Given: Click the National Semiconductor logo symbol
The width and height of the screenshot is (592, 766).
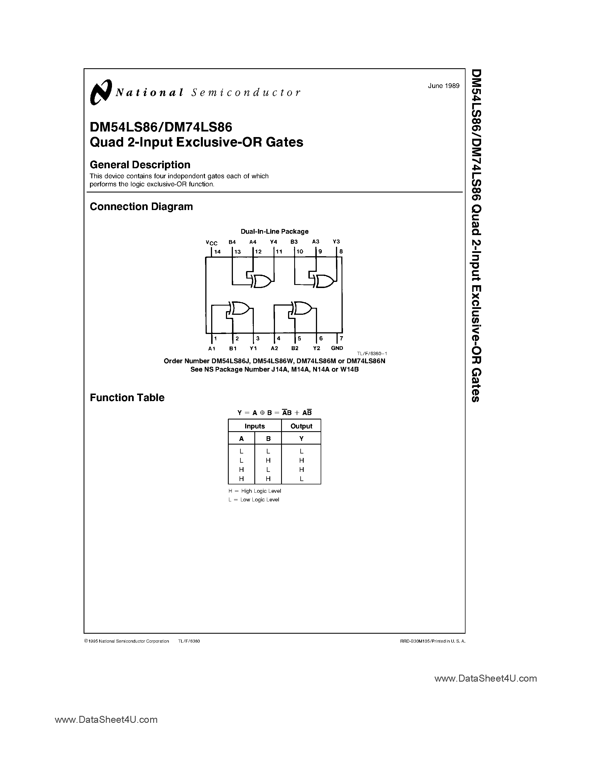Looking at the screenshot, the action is [101, 92].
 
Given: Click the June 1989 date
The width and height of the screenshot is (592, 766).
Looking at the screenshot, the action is [443, 86].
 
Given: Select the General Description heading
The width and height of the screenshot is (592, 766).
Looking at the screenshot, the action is [140, 165].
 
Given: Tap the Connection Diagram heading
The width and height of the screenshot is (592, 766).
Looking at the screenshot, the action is [141, 207].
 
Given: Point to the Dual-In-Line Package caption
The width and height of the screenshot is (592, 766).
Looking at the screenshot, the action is [274, 231].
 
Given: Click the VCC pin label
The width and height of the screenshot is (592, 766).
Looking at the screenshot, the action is [211, 243].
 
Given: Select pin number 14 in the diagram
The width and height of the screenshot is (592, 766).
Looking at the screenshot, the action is [218, 252].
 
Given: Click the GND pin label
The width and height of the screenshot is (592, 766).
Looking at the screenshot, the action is [337, 348].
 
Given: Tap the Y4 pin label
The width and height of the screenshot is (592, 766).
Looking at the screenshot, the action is [274, 242].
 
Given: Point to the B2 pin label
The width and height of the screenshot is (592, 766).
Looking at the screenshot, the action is [294, 348].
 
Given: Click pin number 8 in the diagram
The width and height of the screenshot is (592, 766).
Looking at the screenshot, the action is [341, 252].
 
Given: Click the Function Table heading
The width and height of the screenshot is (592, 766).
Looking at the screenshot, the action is [127, 397].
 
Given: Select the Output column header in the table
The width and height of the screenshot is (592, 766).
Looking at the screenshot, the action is [301, 426].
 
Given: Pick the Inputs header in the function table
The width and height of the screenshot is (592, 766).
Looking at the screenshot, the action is [255, 426].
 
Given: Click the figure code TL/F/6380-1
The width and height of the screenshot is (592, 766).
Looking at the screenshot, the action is [372, 354].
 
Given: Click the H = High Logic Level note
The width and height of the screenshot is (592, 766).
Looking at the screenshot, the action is [255, 491].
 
